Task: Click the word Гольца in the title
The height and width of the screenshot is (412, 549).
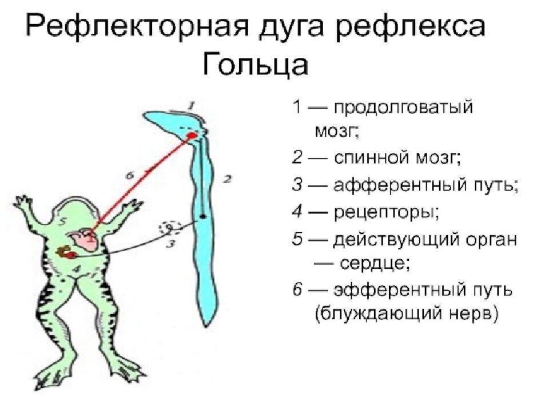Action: (x=255, y=64)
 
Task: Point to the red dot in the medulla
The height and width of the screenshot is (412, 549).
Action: (x=192, y=136)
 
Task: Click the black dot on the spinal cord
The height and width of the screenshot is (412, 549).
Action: (x=203, y=217)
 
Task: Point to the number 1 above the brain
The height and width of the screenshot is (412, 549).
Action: (x=192, y=105)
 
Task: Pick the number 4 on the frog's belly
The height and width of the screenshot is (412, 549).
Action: (x=81, y=267)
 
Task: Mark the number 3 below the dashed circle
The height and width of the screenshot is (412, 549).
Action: (x=170, y=244)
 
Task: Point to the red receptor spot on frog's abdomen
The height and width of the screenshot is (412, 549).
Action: (x=69, y=252)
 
